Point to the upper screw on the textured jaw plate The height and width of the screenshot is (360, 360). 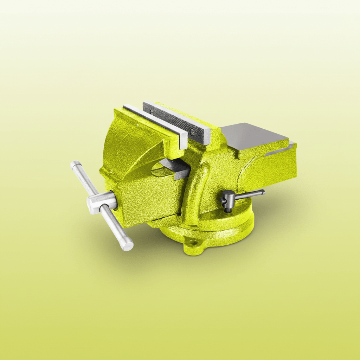[x=152, y=111]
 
